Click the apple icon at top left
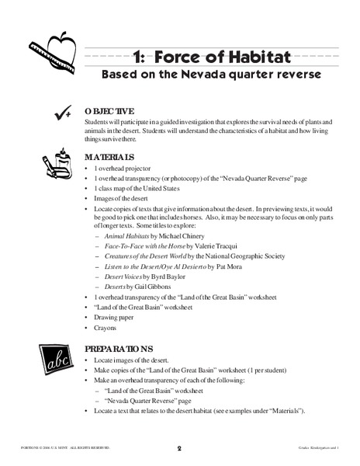coord(57,50)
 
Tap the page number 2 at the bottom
coord(178,449)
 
